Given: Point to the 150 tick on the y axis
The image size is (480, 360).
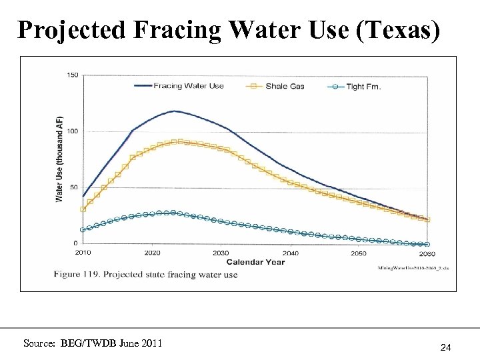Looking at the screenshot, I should coord(72,75).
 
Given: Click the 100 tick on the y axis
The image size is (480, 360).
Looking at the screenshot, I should coord(72,131).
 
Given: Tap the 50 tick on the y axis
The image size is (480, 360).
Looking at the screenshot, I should coord(73,187).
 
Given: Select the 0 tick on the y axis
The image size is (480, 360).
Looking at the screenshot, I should coord(75,243).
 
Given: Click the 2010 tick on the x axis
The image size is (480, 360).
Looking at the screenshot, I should coord(83,253).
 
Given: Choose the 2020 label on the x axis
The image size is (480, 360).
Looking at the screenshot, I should coord(152,253).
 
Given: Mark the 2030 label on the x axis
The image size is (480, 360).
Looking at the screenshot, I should coord(221,253).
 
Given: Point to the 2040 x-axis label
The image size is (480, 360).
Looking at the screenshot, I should coord(290,253).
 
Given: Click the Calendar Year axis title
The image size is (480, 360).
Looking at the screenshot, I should coord(255,262).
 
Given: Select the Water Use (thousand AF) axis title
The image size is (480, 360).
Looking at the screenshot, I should coord(59,159).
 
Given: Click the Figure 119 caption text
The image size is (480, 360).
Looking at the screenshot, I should coord(145,275).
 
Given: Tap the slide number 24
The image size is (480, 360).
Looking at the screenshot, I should coord(446,347).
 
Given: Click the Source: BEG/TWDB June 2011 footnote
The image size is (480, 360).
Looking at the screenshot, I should coord(92,343).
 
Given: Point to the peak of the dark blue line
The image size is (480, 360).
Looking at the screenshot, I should coord(174,111).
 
